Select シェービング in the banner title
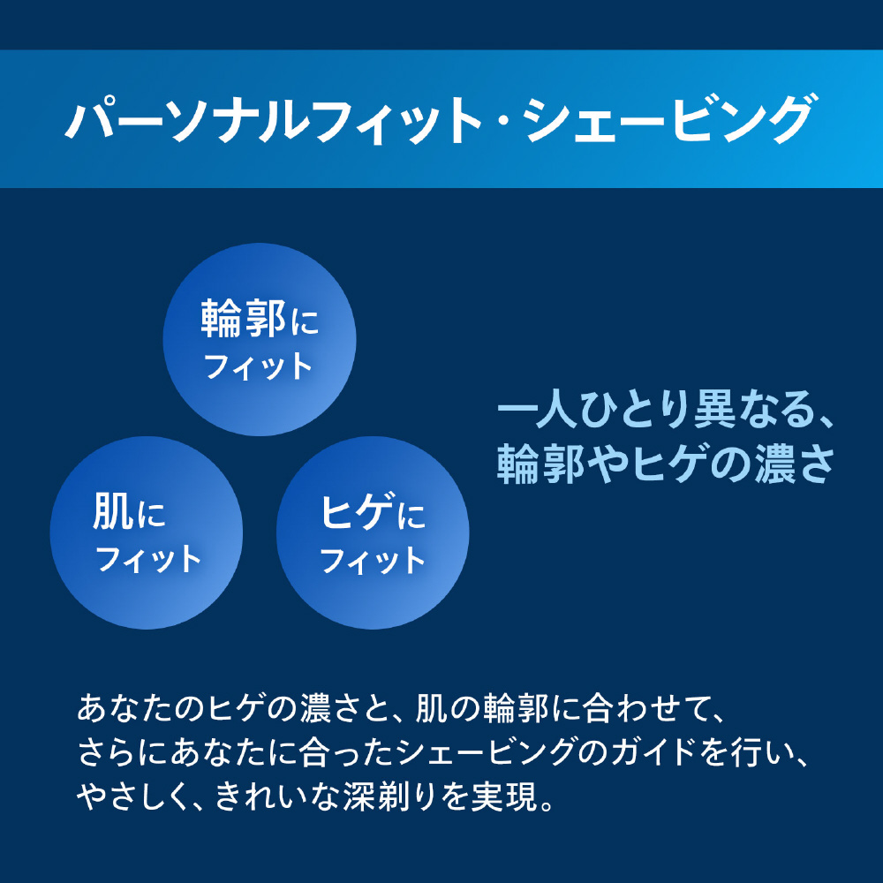point(668,119)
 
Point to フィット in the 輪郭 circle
point(259,366)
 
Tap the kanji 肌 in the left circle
point(113,511)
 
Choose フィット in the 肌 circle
point(148,559)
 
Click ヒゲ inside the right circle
point(357,512)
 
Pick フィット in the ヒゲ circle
point(373,561)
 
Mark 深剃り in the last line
point(389,796)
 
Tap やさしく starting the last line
point(134,796)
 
